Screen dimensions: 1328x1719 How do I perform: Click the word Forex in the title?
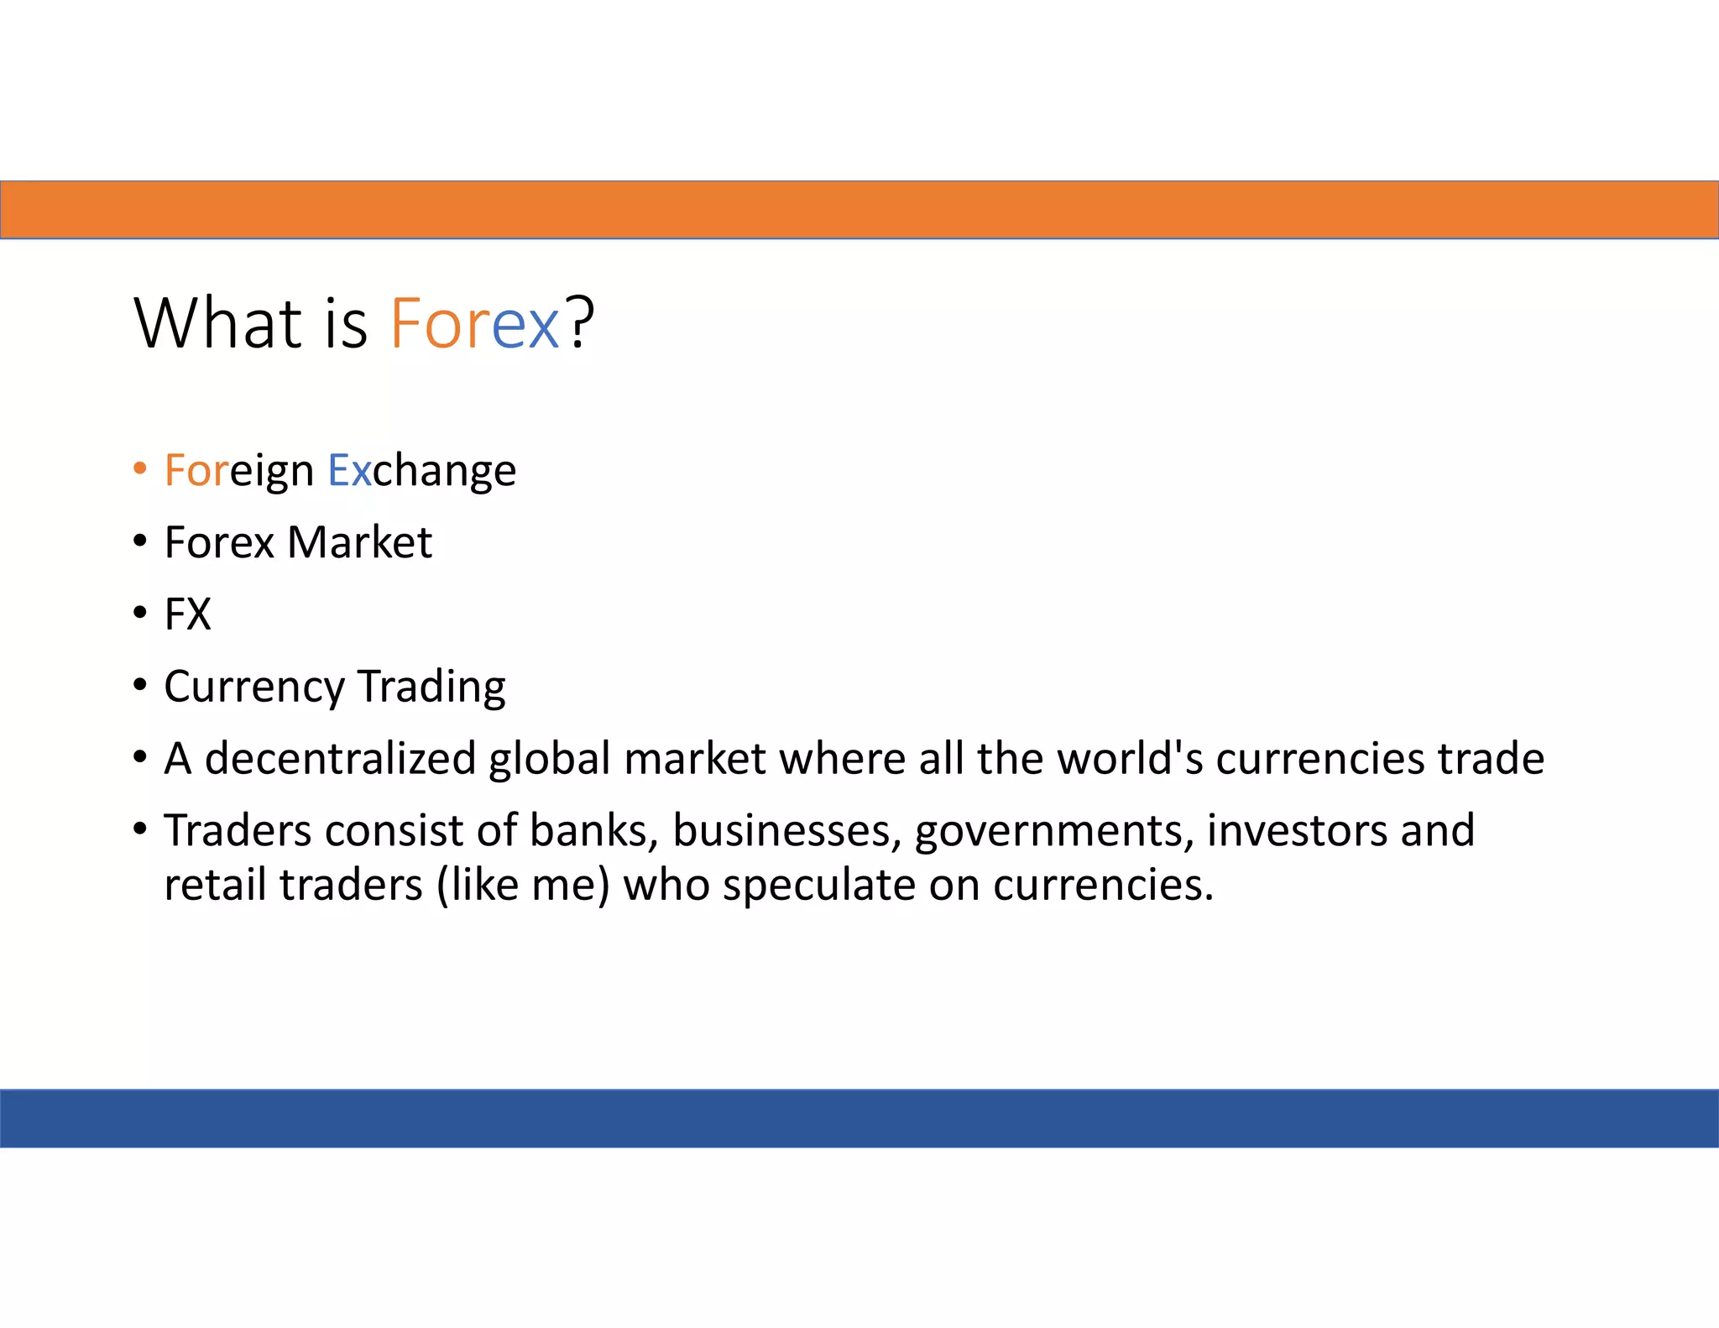[x=474, y=323]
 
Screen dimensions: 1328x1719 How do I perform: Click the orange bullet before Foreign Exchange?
[x=140, y=468]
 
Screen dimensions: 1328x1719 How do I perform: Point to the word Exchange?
[x=421, y=471]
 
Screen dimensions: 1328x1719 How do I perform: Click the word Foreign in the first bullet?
[x=239, y=471]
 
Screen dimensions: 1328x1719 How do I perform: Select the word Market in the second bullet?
[x=359, y=542]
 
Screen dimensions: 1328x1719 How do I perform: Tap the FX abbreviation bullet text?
[x=187, y=614]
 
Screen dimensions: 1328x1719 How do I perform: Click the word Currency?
[x=253, y=688]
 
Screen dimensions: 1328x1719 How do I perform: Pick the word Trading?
[x=431, y=688]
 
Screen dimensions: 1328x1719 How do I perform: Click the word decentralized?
[x=340, y=759]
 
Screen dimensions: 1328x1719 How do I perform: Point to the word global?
[x=549, y=759]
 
